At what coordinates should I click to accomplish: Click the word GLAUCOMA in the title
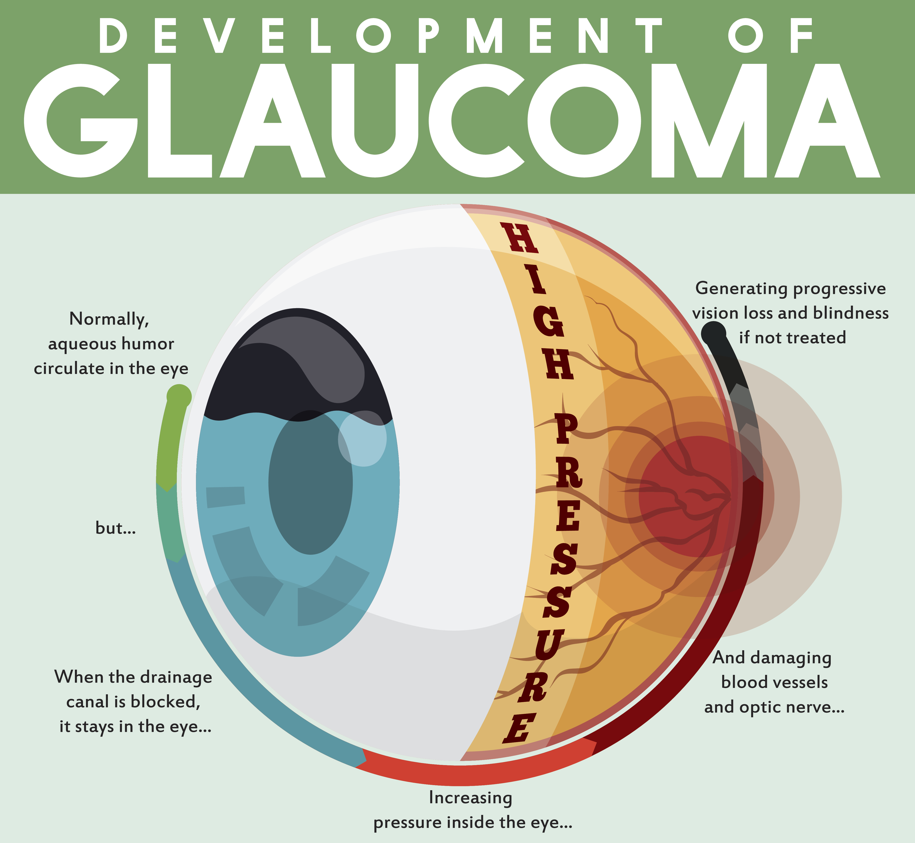(x=452, y=121)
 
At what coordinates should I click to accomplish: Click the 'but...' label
(x=115, y=528)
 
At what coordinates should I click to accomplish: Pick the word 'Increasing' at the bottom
(x=470, y=798)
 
